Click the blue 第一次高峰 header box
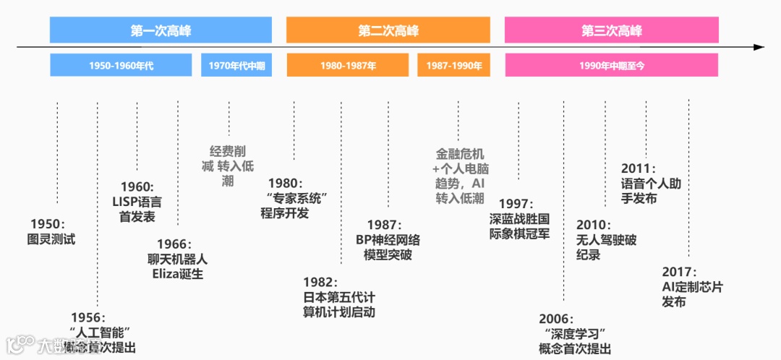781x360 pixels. click(161, 30)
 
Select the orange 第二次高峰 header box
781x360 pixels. click(388, 30)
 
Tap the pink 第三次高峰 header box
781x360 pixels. click(612, 30)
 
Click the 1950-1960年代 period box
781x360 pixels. click(121, 66)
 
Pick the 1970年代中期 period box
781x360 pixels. click(236, 66)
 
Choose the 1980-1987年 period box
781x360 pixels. click(348, 66)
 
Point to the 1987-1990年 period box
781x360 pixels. click(454, 66)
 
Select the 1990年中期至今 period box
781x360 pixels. click(611, 66)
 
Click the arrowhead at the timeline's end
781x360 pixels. click(759, 47)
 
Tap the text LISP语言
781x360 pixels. click(137, 202)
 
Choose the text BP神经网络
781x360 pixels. click(388, 240)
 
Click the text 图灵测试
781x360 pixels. click(51, 239)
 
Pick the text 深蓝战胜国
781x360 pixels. click(519, 218)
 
